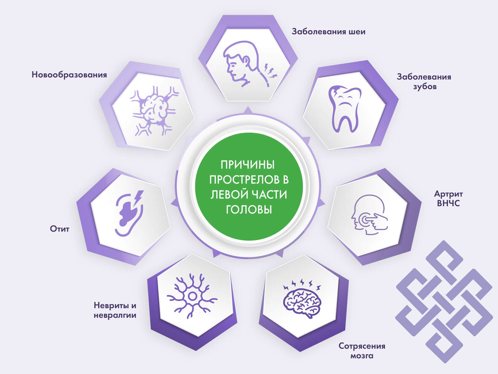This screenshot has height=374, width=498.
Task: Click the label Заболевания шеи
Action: (x=328, y=31)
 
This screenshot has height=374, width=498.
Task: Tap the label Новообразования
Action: (x=69, y=75)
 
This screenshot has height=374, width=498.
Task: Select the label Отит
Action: (x=60, y=229)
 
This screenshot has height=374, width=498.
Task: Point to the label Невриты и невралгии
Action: (x=115, y=310)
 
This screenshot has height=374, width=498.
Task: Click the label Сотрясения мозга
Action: (x=362, y=351)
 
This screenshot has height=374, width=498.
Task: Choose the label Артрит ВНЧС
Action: (x=448, y=199)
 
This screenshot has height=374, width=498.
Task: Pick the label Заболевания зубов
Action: (x=424, y=82)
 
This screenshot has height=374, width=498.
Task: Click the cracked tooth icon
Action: (x=345, y=109)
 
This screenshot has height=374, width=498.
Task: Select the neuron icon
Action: (x=192, y=296)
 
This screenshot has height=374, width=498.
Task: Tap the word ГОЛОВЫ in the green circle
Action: (x=249, y=210)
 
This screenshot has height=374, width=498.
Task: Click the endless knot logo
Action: (x=444, y=302)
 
